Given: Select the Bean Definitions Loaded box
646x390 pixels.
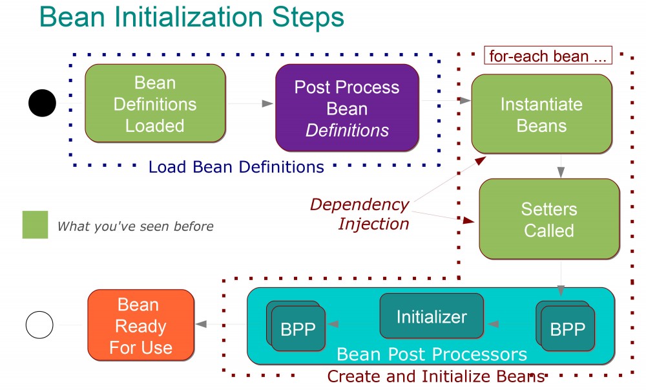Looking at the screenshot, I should pyautogui.click(x=155, y=103).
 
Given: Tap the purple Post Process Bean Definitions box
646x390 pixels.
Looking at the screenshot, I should pyautogui.click(x=347, y=108).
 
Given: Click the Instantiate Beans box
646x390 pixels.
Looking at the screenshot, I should pyautogui.click(x=541, y=114).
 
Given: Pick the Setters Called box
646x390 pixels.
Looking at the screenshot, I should pyautogui.click(x=549, y=219).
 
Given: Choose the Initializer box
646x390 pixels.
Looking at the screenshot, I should pyautogui.click(x=431, y=316).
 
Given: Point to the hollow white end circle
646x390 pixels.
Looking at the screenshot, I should pyautogui.click(x=39, y=325).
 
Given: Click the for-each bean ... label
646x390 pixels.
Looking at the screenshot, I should pyautogui.click(x=548, y=56).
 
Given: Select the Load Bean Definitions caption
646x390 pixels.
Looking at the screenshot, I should pyautogui.click(x=236, y=167).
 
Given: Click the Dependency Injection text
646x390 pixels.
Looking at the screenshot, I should pyautogui.click(x=360, y=214).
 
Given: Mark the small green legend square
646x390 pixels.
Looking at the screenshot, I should pyautogui.click(x=35, y=224).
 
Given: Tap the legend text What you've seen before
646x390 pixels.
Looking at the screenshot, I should pyautogui.click(x=135, y=226).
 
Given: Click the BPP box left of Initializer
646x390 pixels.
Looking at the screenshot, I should pyautogui.click(x=298, y=329).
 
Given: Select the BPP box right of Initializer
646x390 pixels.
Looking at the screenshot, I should pyautogui.click(x=567, y=329).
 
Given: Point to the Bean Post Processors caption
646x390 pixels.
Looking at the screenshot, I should pyautogui.click(x=432, y=354).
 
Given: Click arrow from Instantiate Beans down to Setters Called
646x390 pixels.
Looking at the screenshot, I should pyautogui.click(x=561, y=166).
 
